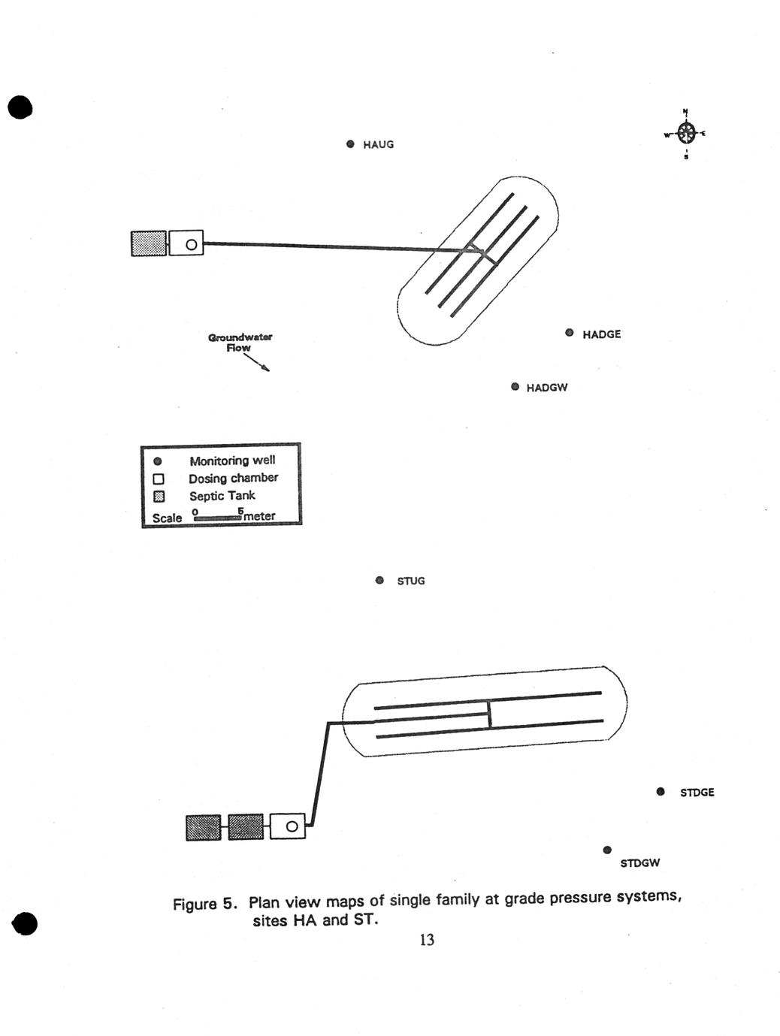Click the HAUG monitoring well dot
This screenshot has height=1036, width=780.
tap(350, 143)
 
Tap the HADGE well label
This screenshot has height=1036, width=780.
tap(601, 334)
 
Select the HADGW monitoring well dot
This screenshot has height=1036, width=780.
tap(515, 387)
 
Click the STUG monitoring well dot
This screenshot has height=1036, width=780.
tap(379, 580)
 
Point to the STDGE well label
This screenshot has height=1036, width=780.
tap(697, 793)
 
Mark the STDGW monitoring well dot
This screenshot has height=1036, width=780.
tap(607, 850)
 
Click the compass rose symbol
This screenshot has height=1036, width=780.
tap(686, 134)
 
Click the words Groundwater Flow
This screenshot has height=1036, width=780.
tap(240, 343)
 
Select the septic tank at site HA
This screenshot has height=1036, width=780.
tap(149, 243)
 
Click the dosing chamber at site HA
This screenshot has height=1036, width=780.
tap(186, 243)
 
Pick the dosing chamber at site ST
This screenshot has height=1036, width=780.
tap(288, 826)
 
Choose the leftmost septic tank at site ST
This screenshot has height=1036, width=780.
tap(203, 827)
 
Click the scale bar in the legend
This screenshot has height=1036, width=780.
tap(217, 518)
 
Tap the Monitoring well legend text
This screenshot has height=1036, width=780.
tap(232, 461)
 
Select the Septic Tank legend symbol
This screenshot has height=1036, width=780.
tap(159, 497)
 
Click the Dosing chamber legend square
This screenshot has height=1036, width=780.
tap(159, 479)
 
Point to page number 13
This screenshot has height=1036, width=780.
tap(427, 940)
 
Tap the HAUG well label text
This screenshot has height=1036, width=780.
tap(378, 144)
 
